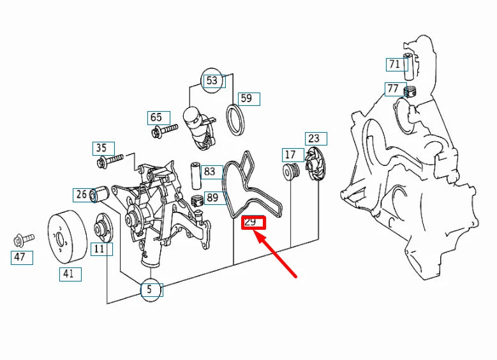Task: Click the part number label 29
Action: pos(253,222)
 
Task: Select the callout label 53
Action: pos(212,80)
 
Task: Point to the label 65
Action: pos(156,117)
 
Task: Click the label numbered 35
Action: pos(101,148)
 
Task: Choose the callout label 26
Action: pos(82,194)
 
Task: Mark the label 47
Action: pos(20,257)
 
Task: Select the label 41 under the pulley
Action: pos(68,274)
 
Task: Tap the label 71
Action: pos(395,64)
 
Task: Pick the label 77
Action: pos(393,88)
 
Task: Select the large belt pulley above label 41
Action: pos(68,236)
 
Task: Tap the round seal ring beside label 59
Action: pos(237,119)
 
